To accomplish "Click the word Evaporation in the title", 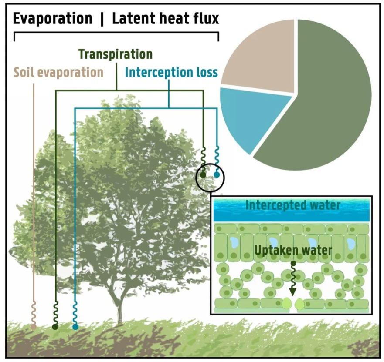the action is point(53,19).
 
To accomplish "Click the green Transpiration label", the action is point(116,54).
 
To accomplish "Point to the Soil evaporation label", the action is point(59,72).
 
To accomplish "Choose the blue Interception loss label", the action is point(171,72).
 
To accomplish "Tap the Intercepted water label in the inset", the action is point(293,205).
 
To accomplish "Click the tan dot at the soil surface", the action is point(34,326).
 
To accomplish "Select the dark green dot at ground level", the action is point(55,327).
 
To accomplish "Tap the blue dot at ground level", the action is point(75,327).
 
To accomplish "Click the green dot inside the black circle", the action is point(203,175).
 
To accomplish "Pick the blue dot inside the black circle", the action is point(217,175).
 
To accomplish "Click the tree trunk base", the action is point(119,315).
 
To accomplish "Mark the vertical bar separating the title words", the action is point(102,19).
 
